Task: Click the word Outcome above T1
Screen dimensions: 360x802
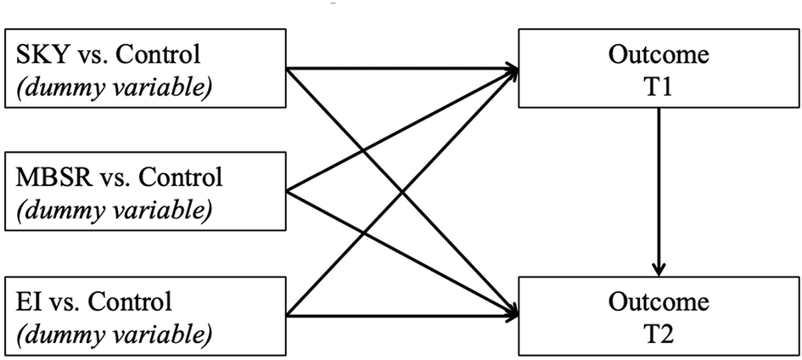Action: (659, 56)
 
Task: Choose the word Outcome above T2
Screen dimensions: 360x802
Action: (659, 302)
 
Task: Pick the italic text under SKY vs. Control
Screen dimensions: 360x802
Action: (109, 87)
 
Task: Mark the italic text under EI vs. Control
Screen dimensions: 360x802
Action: (109, 332)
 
